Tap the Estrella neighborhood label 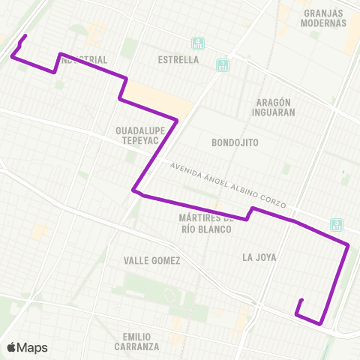[x=179, y=59]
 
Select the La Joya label [x=259, y=257]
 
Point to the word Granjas [x=325, y=13]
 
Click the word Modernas [x=324, y=23]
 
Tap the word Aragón [x=273, y=102]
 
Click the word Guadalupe [x=139, y=130]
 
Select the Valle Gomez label [x=152, y=260]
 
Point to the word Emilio [x=137, y=336]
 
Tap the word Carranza [x=137, y=346]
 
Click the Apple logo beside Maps [x=11, y=347]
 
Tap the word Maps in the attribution [x=32, y=347]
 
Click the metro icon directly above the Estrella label [x=197, y=43]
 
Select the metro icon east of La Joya [x=337, y=223]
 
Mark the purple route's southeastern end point [x=301, y=301]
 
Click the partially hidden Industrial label [x=85, y=59]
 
